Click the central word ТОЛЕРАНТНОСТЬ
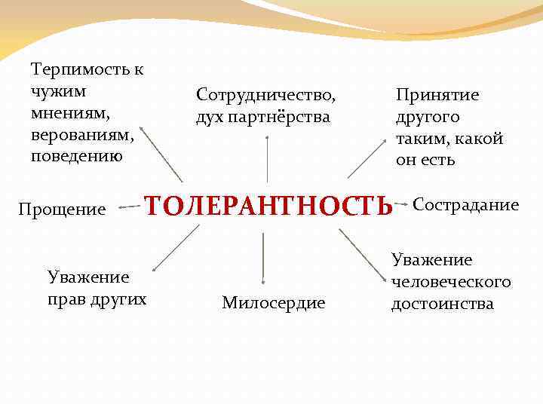click(268, 206)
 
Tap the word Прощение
click(62, 209)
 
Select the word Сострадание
click(466, 205)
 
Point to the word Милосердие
click(274, 303)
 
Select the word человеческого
click(452, 282)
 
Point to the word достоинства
click(443, 304)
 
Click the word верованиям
click(82, 136)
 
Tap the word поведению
click(76, 157)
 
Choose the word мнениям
click(71, 114)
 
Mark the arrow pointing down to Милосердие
click(263, 259)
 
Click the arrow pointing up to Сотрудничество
click(267, 159)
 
